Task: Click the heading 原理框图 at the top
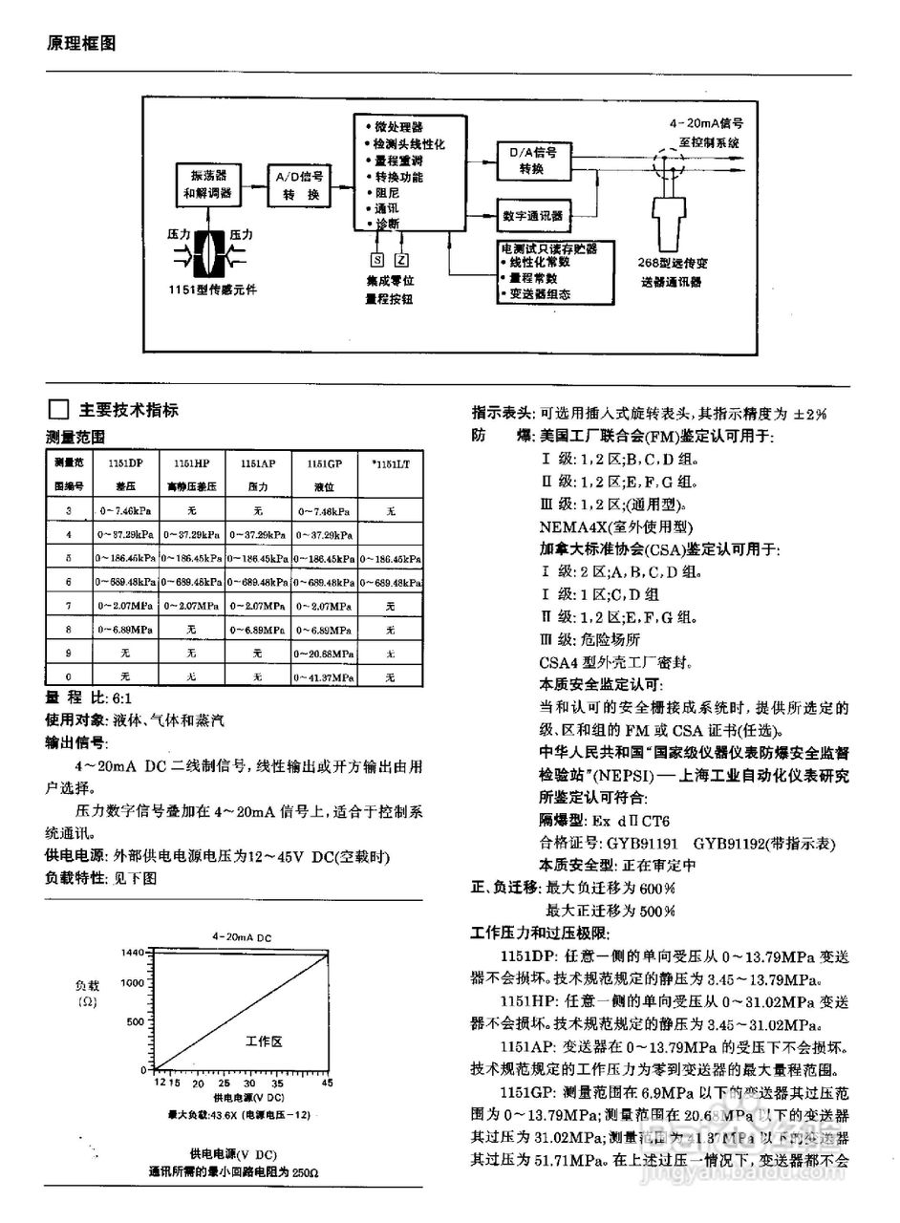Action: [x=81, y=44]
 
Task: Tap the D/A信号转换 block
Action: [x=532, y=161]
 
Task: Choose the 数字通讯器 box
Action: [x=532, y=215]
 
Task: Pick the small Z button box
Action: [x=401, y=259]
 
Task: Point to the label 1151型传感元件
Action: [x=211, y=288]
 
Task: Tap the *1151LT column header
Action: [x=390, y=462]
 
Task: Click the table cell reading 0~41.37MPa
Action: [x=324, y=676]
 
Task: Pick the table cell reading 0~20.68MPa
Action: [x=324, y=654]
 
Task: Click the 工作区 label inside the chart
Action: [x=264, y=1041]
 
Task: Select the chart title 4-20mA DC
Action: [x=242, y=937]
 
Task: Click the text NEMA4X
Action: [x=569, y=526]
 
